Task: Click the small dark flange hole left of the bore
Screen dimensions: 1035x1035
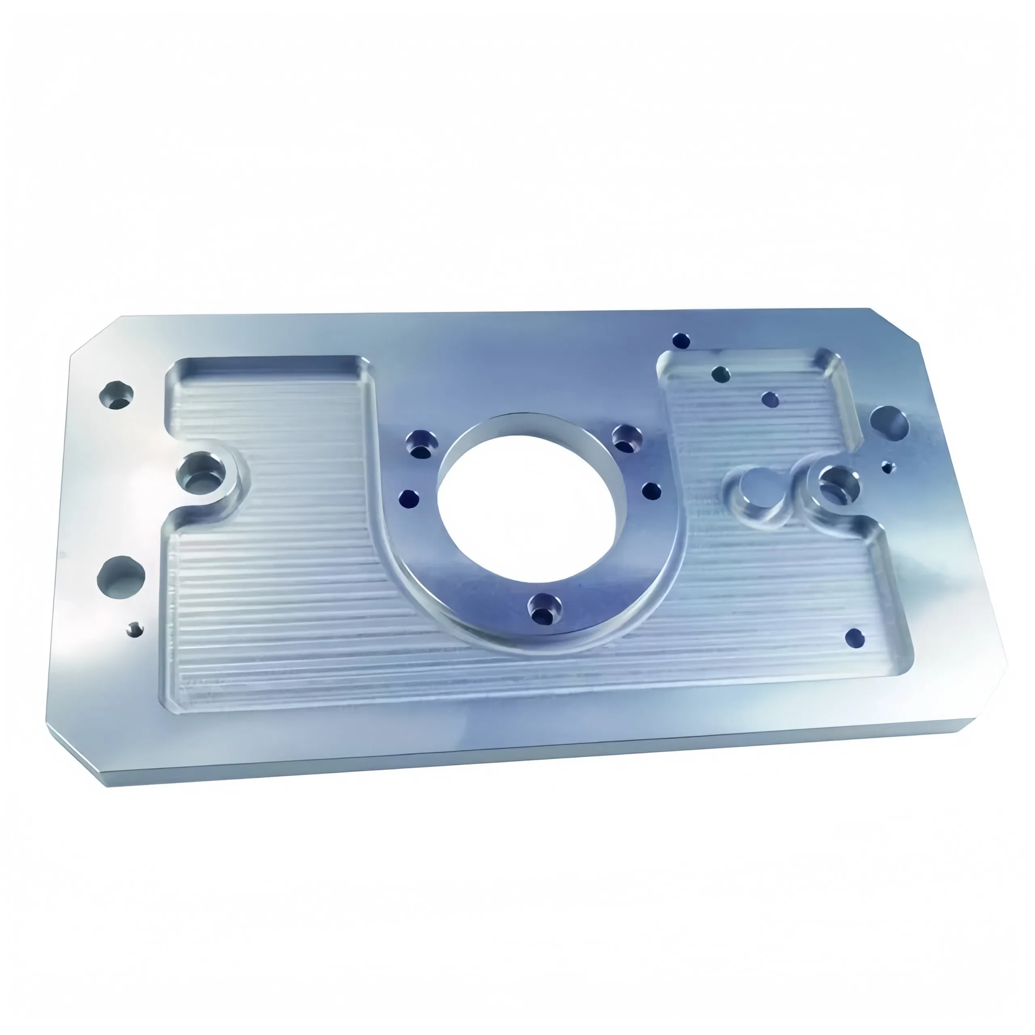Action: (x=409, y=499)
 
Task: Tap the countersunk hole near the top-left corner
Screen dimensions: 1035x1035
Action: (x=116, y=395)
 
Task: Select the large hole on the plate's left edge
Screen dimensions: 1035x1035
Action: (x=121, y=578)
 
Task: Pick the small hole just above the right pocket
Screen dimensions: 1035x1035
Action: (x=680, y=340)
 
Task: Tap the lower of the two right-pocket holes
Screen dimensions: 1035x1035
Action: (x=770, y=399)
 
